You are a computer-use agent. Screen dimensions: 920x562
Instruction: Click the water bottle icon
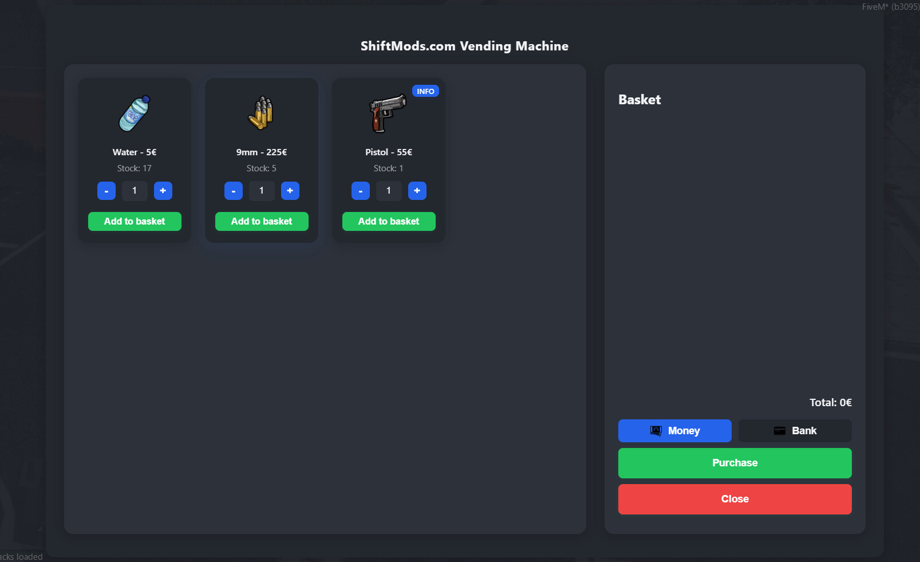coord(135,113)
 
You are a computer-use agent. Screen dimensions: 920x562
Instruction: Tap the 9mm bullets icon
coord(261,113)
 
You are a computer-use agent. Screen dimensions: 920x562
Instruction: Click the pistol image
coord(388,113)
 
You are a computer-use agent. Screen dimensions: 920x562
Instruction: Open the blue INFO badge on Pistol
coord(425,91)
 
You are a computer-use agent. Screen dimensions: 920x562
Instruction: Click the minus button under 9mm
coord(233,191)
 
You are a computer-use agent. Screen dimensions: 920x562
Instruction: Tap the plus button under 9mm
coord(290,191)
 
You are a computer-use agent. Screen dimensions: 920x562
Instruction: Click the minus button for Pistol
coord(361,191)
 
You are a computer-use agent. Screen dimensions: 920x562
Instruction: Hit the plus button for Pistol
coord(417,191)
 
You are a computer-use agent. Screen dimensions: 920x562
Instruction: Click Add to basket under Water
coord(135,222)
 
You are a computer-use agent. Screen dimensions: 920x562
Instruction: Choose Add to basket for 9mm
coord(262,222)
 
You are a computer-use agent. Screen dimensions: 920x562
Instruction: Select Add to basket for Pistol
coord(389,222)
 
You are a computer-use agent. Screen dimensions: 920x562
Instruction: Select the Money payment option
coord(675,431)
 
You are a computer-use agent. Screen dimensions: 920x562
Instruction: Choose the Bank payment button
coord(795,431)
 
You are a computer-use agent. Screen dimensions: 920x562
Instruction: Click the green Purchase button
coord(735,463)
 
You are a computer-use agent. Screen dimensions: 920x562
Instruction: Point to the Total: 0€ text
coord(831,403)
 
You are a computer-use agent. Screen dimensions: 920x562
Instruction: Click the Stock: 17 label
coord(135,168)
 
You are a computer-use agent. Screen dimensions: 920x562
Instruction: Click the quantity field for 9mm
coord(262,191)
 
